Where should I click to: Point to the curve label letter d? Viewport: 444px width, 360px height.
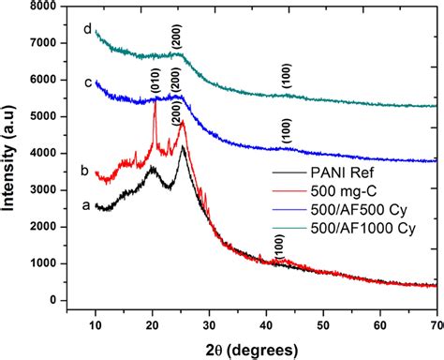(86, 29)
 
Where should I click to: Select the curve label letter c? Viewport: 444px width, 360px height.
(86, 82)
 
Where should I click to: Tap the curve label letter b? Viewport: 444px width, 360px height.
(84, 171)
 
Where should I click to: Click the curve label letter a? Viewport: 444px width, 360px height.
(85, 204)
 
